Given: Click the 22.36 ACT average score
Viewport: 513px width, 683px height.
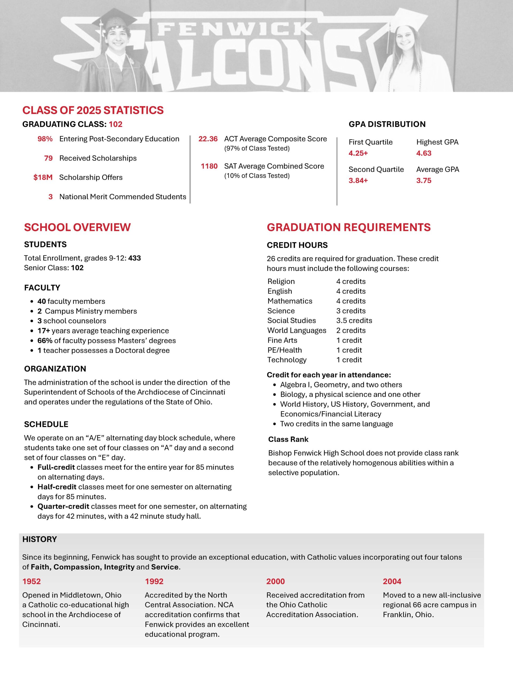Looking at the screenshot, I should pyautogui.click(x=208, y=139).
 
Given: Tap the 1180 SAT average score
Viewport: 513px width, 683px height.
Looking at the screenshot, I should pyautogui.click(x=209, y=166).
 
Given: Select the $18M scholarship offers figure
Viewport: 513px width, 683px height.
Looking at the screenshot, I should pyautogui.click(x=43, y=177).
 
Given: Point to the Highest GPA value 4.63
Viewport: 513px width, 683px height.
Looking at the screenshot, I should pyautogui.click(x=424, y=153).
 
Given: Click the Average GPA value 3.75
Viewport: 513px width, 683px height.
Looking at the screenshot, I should pyautogui.click(x=424, y=180).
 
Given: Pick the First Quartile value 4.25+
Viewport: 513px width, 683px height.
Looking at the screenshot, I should pyautogui.click(x=358, y=153).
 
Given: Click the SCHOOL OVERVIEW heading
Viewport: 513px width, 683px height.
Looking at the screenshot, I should pyautogui.click(x=77, y=227).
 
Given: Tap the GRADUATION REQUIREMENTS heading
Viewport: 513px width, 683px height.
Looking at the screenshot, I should pyautogui.click(x=348, y=227).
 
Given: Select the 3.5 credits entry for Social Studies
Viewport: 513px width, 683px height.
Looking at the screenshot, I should pyautogui.click(x=354, y=320).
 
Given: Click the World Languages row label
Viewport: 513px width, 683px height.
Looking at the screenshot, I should pyautogui.click(x=297, y=330).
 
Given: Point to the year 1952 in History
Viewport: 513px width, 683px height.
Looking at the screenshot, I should pyautogui.click(x=32, y=581).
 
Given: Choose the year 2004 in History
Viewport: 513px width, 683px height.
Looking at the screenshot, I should pyautogui.click(x=392, y=581).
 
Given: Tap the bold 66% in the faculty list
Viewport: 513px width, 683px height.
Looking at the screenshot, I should pyautogui.click(x=45, y=341).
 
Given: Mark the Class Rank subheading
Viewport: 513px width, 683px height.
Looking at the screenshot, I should pyautogui.click(x=288, y=439).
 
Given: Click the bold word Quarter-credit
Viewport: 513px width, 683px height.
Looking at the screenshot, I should pyautogui.click(x=63, y=506).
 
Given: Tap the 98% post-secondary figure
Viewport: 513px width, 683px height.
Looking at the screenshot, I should pyautogui.click(x=45, y=139).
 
